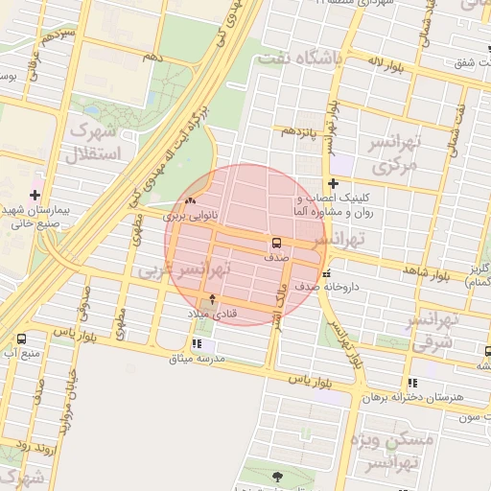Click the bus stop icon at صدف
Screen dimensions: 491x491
276,243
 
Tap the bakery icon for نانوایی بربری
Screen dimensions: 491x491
189,201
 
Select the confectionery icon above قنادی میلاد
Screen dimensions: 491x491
212,299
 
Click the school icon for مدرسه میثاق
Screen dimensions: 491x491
197,344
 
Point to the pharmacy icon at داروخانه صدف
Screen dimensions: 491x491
328,271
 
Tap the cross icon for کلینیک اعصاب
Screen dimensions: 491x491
333,183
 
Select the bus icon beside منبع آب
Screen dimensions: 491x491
21,339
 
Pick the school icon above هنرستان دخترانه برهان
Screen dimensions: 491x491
412,383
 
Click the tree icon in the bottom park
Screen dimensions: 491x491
278,477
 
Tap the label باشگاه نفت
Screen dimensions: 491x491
300,59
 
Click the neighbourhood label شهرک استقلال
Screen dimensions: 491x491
94,141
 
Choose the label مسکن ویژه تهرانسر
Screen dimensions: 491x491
399,451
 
